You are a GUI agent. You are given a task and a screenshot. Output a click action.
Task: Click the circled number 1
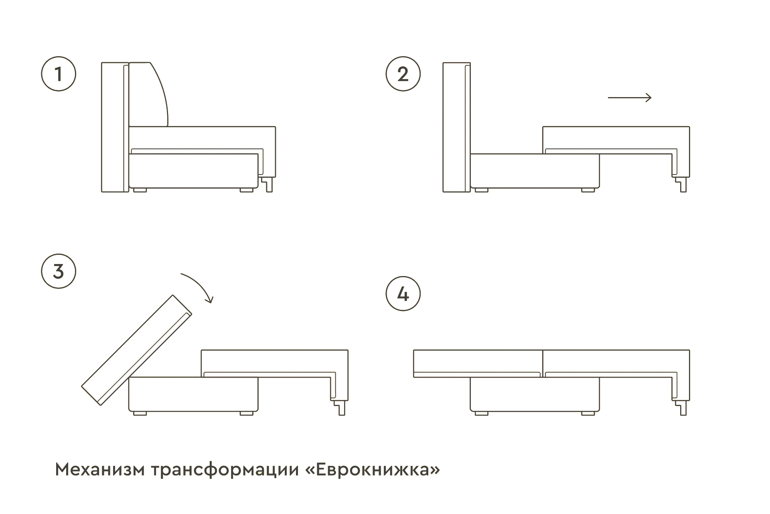pos(59,74)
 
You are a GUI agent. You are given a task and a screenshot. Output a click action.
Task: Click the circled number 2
pos(403,74)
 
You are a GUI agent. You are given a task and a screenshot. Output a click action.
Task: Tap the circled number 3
pos(59,271)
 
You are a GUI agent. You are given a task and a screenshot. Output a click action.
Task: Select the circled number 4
pos(403,294)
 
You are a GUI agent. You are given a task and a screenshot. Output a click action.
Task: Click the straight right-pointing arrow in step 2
pos(630,98)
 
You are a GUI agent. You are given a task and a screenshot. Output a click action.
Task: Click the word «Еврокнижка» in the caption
pos(373,470)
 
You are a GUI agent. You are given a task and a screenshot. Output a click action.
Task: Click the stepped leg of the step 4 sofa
pos(681,407)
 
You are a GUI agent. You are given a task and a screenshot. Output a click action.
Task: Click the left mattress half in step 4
pos(477,362)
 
